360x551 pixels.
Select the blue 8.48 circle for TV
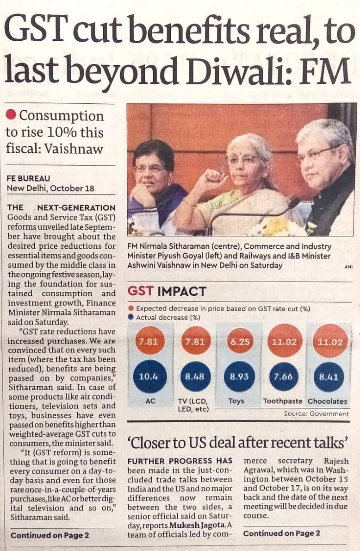[x=194, y=376]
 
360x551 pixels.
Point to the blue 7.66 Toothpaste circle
[x=283, y=376]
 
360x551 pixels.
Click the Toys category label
[x=236, y=401]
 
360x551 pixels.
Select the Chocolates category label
[x=328, y=401]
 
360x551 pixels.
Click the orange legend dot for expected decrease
[x=131, y=308]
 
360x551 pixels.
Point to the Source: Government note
[x=317, y=413]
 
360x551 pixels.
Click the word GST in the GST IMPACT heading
[x=141, y=291]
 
